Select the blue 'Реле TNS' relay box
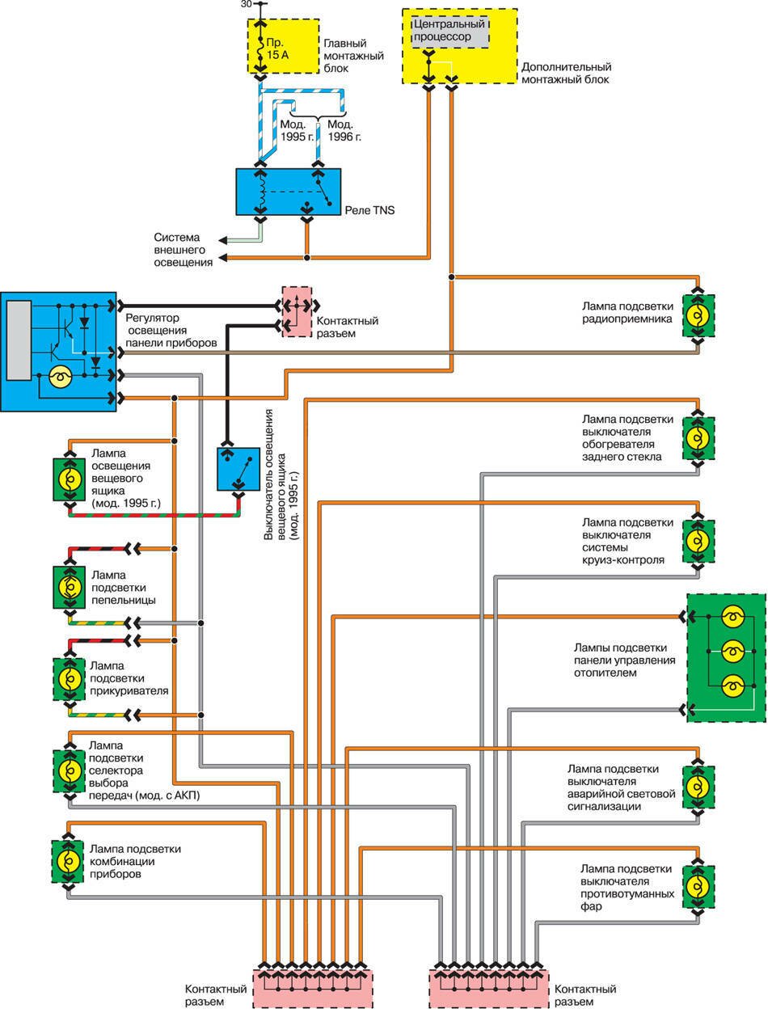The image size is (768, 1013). coord(288,192)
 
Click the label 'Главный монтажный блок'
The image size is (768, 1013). coord(352,57)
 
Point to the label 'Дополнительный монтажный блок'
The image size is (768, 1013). coord(566,74)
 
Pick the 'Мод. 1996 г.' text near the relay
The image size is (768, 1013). coord(344,131)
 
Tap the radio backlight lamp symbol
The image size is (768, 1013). coord(699,316)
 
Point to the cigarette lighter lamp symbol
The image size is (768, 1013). coord(70,676)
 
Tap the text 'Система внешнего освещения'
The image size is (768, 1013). coord(184,250)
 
